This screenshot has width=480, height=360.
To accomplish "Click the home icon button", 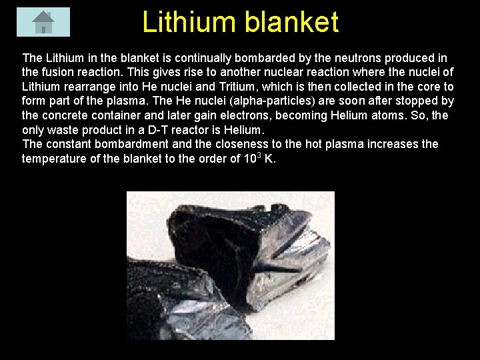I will (x=43, y=21).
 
